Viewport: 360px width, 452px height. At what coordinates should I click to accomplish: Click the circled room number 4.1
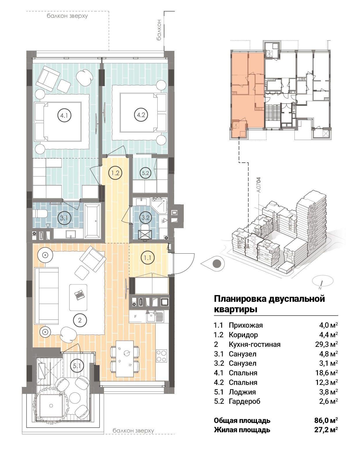pos(64,115)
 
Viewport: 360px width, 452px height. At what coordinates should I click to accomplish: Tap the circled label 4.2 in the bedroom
pos(141,115)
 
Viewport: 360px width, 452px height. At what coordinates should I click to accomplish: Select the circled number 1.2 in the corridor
pos(115,173)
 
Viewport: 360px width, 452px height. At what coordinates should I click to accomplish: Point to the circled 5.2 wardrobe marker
pos(145,173)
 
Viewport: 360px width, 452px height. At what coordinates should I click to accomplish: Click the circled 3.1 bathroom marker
pos(64,218)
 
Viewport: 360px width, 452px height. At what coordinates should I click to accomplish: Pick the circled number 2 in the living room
pos(80,320)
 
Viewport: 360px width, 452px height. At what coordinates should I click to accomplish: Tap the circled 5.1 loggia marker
pos(77,366)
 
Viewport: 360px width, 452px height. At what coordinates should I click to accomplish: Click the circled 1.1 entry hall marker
pos(147,257)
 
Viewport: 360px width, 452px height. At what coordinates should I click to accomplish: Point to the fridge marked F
pos(138,317)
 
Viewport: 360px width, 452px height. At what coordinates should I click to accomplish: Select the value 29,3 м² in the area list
pos(326,344)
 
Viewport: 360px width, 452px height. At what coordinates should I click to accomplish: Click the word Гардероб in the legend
pos(244,401)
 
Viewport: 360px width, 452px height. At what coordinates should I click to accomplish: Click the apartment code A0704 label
pos(259,185)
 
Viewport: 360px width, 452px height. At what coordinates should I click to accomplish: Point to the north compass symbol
pos(323,281)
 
